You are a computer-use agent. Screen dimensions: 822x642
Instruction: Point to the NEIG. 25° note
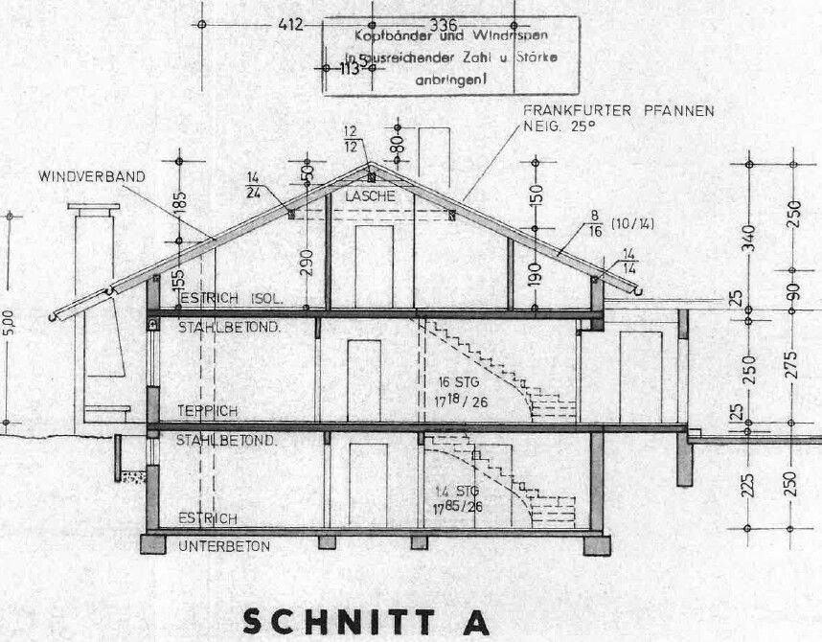click(x=559, y=126)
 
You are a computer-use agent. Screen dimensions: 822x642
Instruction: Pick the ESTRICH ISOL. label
click(x=230, y=299)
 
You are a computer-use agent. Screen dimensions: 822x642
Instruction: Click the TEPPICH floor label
click(x=207, y=410)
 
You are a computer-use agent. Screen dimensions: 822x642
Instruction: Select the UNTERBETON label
click(x=223, y=546)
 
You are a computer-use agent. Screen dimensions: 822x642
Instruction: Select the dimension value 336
click(x=444, y=24)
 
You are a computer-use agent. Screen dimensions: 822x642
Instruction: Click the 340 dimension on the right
click(x=750, y=234)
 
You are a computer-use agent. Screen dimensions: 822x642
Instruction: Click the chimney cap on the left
click(x=93, y=208)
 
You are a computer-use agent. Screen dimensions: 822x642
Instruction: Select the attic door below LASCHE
click(x=374, y=265)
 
